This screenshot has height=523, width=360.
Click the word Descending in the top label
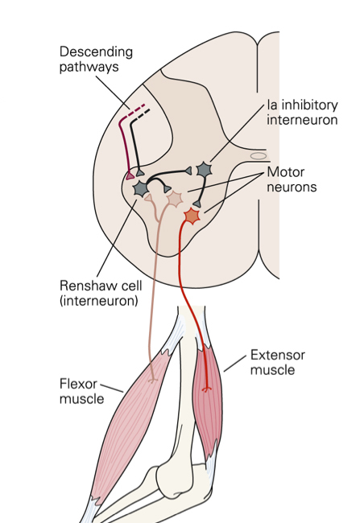point(96,52)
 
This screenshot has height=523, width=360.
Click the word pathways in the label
point(89,67)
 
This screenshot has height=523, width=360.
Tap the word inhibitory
point(310,105)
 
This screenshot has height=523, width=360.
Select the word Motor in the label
point(286,172)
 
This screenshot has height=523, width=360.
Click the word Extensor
point(278,355)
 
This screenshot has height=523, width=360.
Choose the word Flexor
point(78,384)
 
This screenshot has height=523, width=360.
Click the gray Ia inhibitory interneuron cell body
point(204,170)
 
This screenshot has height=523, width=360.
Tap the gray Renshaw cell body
point(141,189)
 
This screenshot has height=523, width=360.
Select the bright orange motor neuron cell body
point(192,216)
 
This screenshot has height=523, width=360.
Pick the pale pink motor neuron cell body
point(175,199)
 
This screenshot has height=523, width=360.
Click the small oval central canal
point(259,156)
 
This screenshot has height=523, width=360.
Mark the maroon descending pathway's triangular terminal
point(130,175)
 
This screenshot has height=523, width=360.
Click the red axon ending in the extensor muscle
point(207,389)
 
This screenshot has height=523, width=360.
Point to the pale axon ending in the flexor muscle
point(152,380)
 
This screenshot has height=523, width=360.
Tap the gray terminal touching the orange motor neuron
point(197,204)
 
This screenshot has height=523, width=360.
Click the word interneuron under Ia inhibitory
point(302,120)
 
